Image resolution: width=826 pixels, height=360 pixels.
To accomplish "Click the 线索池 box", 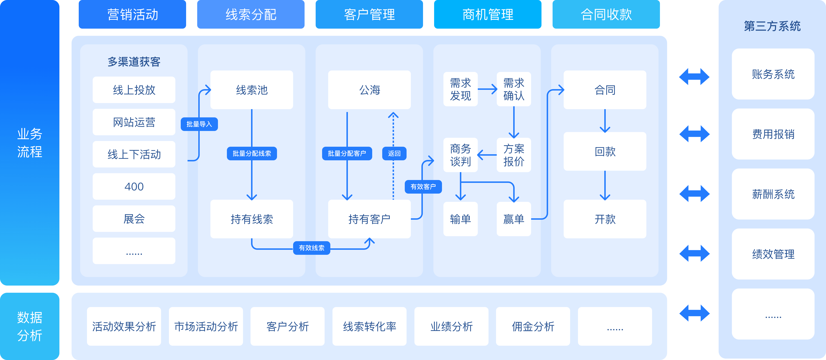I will [x=251, y=90].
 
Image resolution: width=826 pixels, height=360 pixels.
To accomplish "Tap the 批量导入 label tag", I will [x=199, y=124].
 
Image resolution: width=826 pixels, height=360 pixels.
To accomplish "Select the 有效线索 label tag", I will [x=311, y=248].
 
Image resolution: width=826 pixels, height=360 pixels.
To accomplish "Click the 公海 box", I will [x=369, y=90].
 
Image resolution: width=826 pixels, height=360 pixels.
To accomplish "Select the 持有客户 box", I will [x=369, y=219].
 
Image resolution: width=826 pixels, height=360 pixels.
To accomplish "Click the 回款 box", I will [x=605, y=151].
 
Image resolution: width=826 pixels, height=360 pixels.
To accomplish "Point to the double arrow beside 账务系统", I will [x=694, y=77].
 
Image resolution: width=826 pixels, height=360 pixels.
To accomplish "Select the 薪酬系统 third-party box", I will [x=773, y=194].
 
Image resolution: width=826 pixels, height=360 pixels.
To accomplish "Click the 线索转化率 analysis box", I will [x=369, y=326].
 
